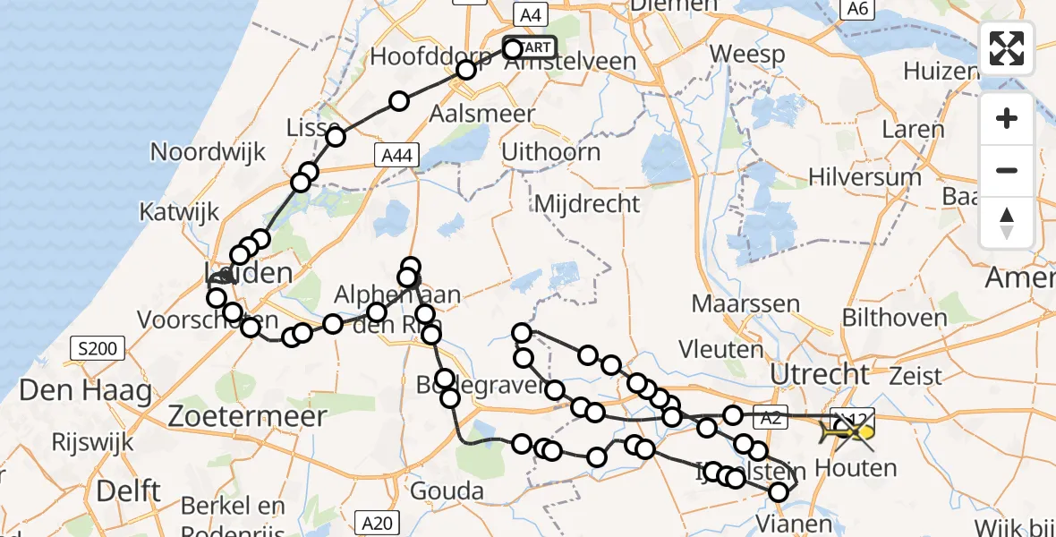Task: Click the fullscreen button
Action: (x=1007, y=47)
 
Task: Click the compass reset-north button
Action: (x=1007, y=223)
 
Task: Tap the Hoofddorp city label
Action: (x=430, y=56)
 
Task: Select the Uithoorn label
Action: (x=550, y=151)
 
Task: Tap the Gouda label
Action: (x=447, y=490)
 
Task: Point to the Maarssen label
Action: (x=745, y=303)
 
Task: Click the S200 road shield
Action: (x=98, y=348)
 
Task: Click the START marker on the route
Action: (x=532, y=47)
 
